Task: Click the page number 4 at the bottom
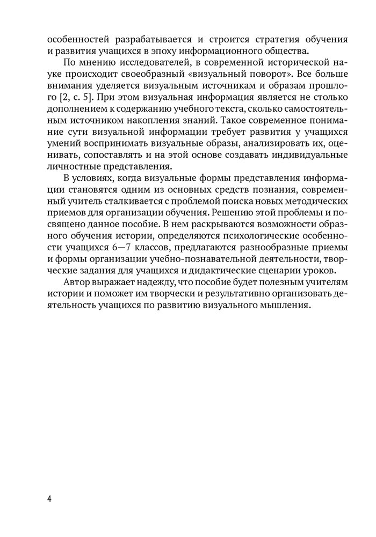(49, 498)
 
